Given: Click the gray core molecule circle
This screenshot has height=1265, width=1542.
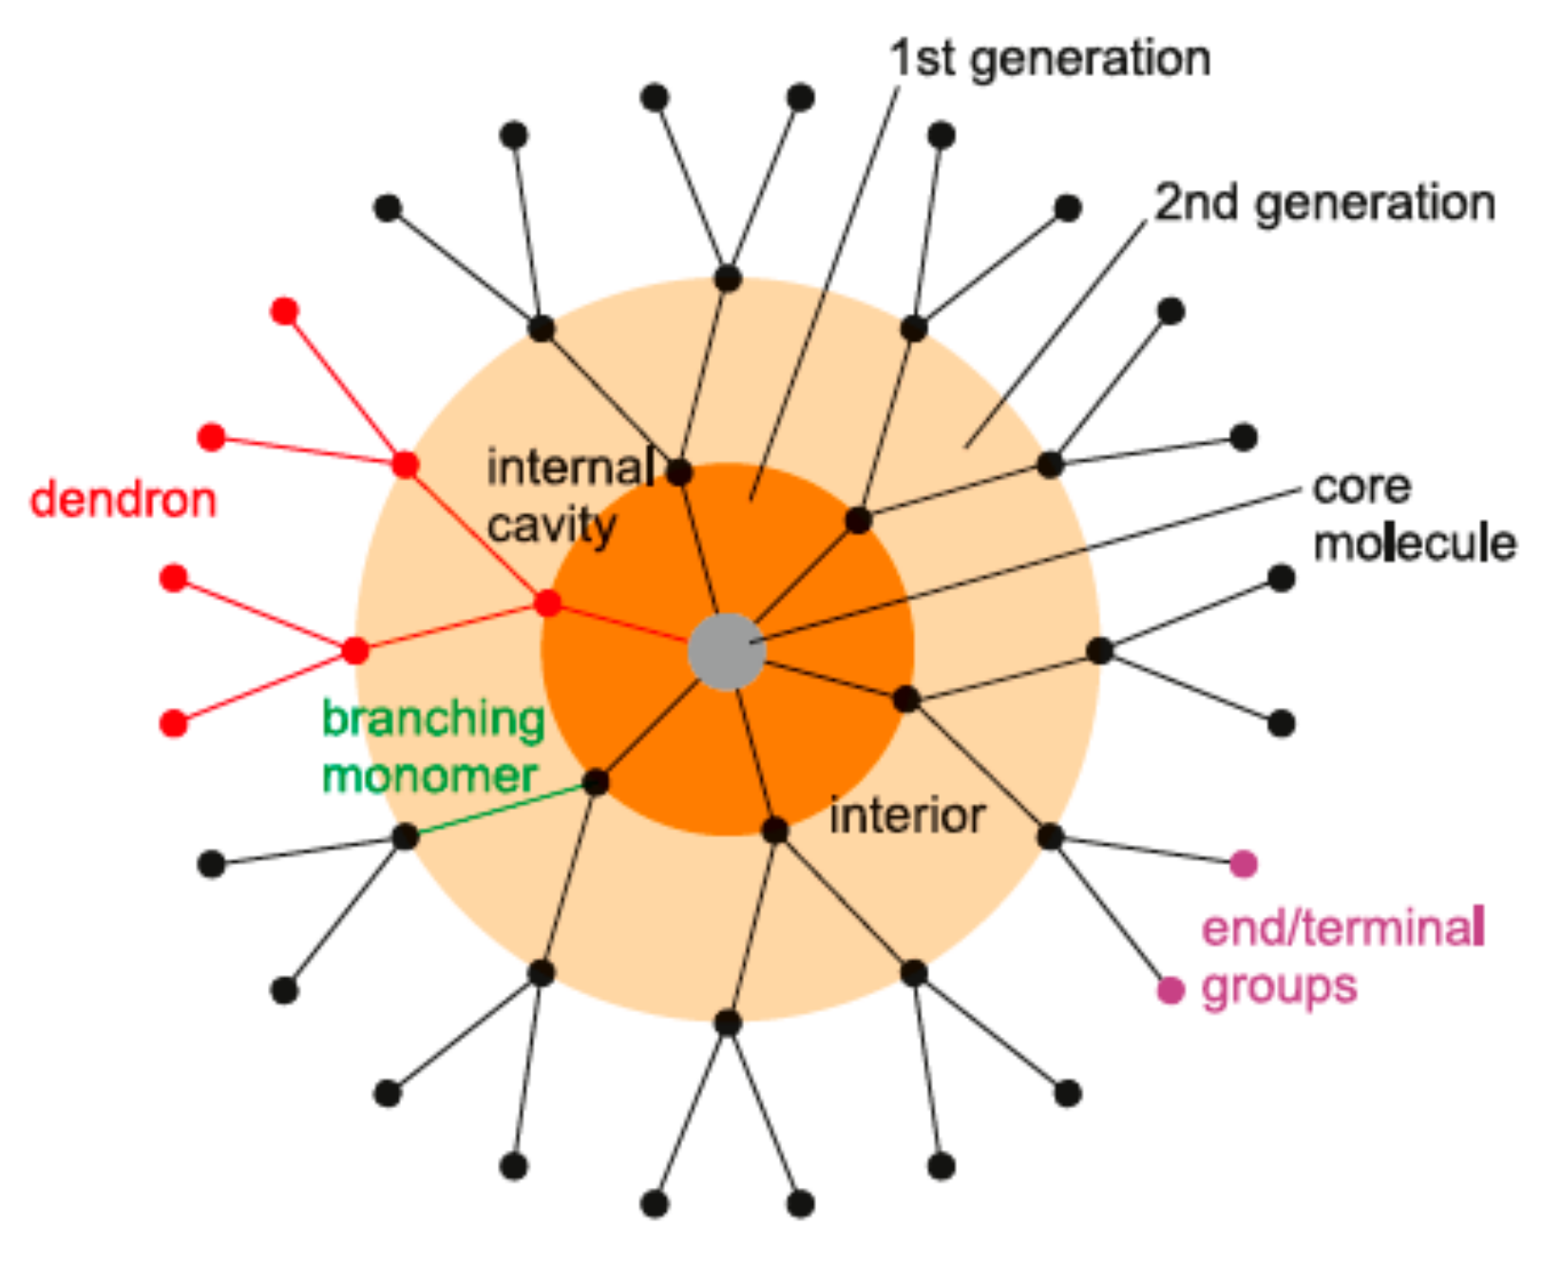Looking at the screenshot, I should (727, 651).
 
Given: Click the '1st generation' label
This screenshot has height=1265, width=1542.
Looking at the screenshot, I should (1050, 59).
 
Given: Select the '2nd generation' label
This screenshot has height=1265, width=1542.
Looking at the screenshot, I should (1324, 203).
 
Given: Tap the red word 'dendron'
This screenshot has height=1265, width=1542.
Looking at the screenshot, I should (124, 500).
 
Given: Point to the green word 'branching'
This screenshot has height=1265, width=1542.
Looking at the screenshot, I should (433, 719).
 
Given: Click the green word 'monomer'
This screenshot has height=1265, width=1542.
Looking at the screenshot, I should (429, 776).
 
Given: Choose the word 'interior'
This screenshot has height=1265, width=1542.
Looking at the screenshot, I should (906, 815).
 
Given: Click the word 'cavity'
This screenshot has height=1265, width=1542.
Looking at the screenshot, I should (552, 526).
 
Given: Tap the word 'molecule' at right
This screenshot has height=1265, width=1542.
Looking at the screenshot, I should (1414, 544).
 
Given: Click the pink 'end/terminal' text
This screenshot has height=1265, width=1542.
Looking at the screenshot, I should (1343, 928).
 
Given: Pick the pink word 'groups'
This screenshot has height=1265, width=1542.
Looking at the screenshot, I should (1279, 987).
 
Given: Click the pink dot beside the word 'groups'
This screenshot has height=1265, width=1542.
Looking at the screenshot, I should (1171, 990).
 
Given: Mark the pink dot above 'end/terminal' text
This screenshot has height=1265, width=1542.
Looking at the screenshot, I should (1244, 863).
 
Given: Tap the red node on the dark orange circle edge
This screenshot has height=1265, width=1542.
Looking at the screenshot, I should (547, 604).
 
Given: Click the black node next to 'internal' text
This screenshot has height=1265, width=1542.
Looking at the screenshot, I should (678, 471).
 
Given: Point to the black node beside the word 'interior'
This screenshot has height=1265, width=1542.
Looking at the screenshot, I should (775, 831).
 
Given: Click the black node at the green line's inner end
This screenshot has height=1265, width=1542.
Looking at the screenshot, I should (596, 782).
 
